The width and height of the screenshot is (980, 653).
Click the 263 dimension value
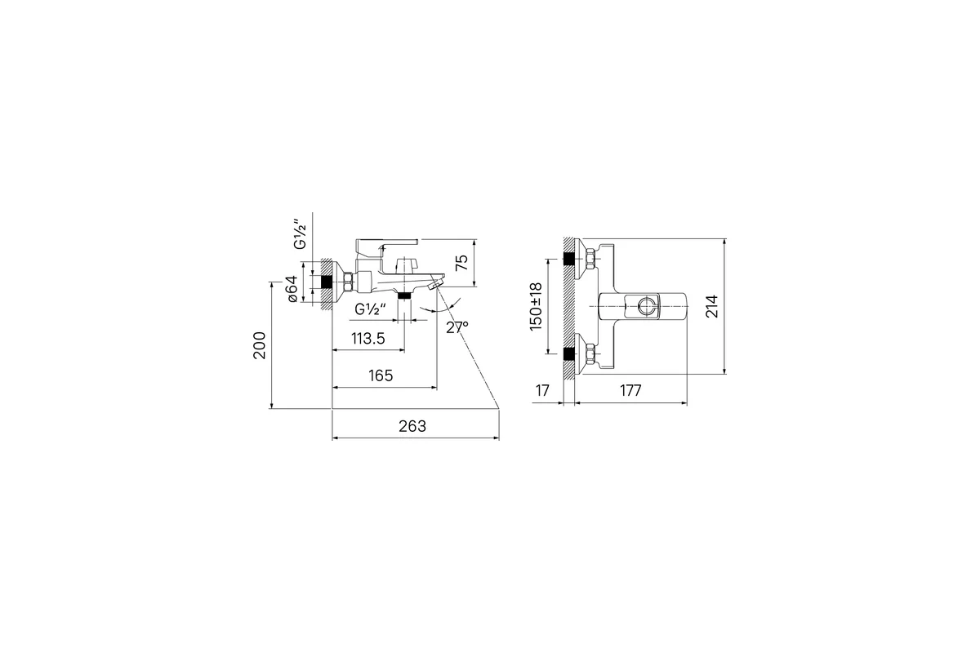pyautogui.click(x=412, y=426)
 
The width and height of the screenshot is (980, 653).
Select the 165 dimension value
pyautogui.click(x=381, y=375)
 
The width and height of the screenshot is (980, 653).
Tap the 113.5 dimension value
pyautogui.click(x=368, y=339)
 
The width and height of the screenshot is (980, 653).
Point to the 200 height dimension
pyautogui.click(x=260, y=345)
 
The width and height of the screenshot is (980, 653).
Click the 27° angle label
pyautogui.click(x=457, y=327)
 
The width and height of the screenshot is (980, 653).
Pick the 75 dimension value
pyautogui.click(x=462, y=263)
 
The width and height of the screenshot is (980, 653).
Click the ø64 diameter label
pyautogui.click(x=292, y=289)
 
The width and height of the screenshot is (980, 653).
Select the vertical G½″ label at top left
pyautogui.click(x=301, y=234)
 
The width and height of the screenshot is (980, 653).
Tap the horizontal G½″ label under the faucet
pyautogui.click(x=370, y=309)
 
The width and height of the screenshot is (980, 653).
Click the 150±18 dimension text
pyautogui.click(x=536, y=307)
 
